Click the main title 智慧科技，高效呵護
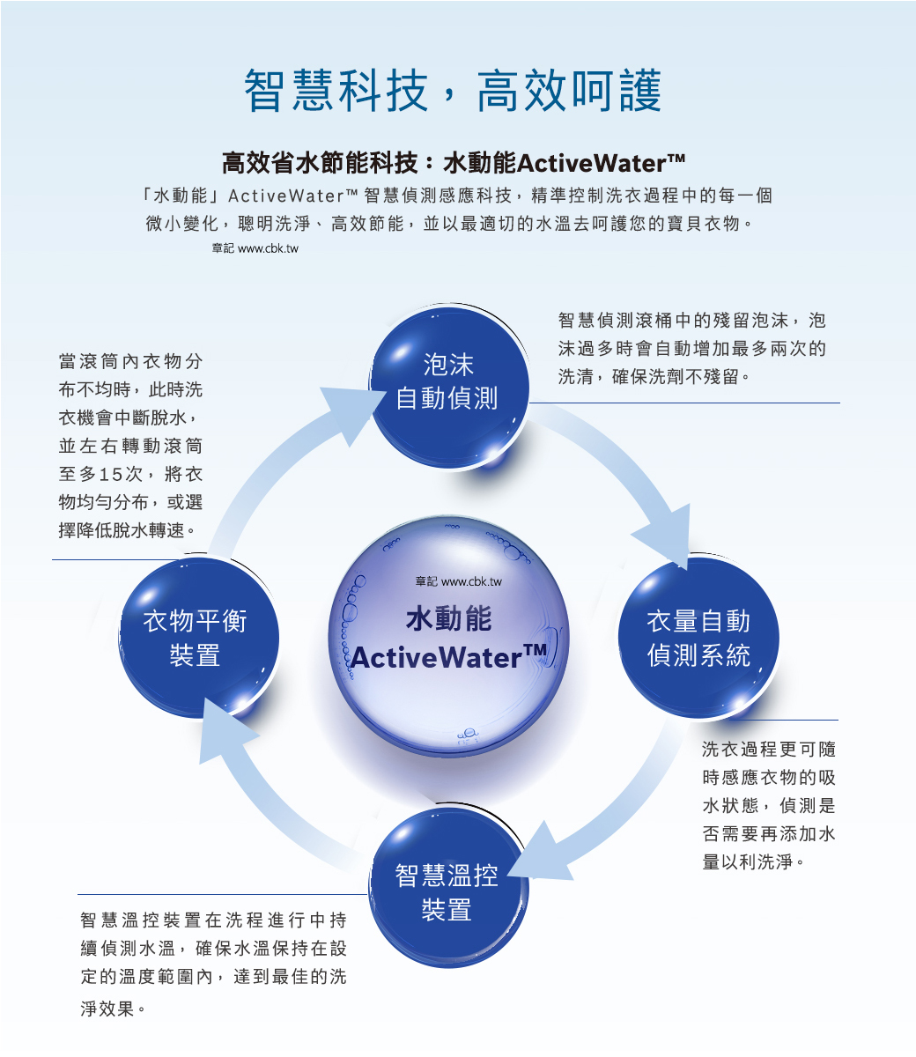(x=453, y=91)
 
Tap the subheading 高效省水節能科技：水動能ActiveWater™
(x=453, y=163)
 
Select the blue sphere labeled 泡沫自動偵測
(x=448, y=387)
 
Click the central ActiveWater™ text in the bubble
(x=448, y=656)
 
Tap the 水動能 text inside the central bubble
(x=448, y=617)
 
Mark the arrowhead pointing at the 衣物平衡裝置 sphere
(x=225, y=730)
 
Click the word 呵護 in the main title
(x=617, y=91)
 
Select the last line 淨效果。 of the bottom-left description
(x=113, y=1009)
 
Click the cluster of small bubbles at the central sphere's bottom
(x=468, y=735)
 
